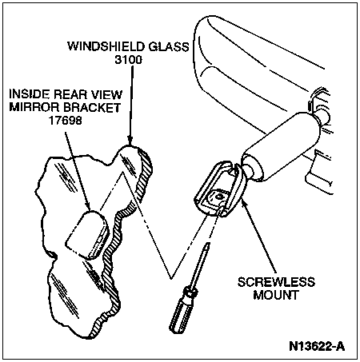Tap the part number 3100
pyautogui.click(x=128, y=60)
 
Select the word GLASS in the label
pyautogui.click(x=169, y=46)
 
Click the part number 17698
pyautogui.click(x=65, y=121)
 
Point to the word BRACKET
pyautogui.click(x=92, y=107)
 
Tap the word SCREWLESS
pyautogui.click(x=276, y=282)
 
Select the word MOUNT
pyautogui.click(x=276, y=295)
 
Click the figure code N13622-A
pyautogui.click(x=317, y=347)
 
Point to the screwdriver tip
pyautogui.click(x=208, y=244)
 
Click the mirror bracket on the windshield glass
pyautogui.click(x=87, y=235)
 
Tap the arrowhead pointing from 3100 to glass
pyautogui.click(x=130, y=141)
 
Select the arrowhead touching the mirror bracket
pyautogui.click(x=88, y=205)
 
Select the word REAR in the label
pyautogui.click(x=70, y=94)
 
